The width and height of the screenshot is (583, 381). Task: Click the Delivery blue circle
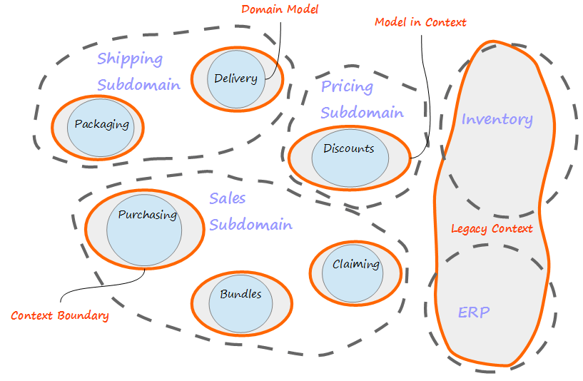[236, 79]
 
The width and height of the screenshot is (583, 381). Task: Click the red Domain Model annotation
[280, 9]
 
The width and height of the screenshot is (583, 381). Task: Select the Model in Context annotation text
[420, 22]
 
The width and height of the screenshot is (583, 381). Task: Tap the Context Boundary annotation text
[60, 315]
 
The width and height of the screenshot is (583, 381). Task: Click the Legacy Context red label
[492, 229]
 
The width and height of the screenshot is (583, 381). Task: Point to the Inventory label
[497, 119]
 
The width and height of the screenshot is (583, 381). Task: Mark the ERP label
[474, 312]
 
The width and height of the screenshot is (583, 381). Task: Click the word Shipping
[130, 59]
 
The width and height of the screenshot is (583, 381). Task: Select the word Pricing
[347, 87]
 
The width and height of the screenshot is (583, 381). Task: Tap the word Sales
[227, 199]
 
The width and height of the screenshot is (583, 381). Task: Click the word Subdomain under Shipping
[138, 85]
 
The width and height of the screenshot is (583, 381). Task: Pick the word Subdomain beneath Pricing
[362, 113]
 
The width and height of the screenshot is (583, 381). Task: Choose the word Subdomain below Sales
[250, 225]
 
